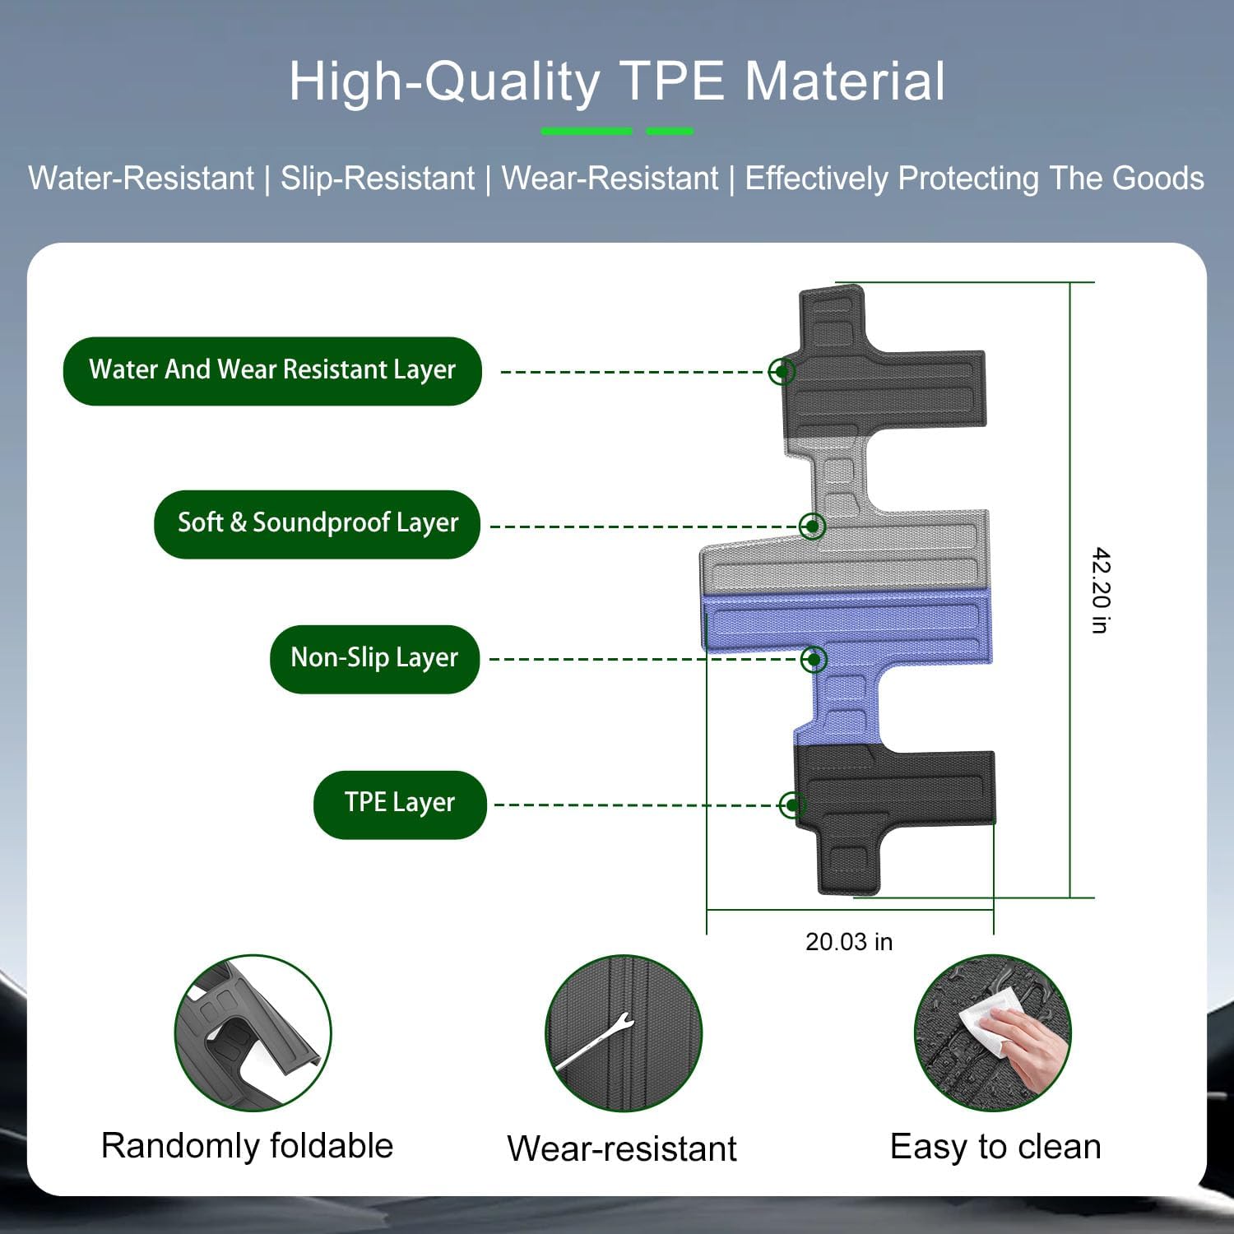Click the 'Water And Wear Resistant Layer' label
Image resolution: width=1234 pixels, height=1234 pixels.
click(x=271, y=370)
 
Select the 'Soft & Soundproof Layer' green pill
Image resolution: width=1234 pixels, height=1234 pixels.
click(x=317, y=524)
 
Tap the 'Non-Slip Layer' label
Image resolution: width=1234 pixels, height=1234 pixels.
click(x=374, y=659)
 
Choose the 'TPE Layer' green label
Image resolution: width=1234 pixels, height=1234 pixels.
click(x=400, y=804)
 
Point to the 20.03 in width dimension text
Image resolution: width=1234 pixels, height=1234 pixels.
click(x=848, y=941)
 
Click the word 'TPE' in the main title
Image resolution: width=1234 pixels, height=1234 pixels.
click(x=672, y=81)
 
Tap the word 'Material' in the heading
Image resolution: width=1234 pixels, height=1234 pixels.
click(x=845, y=81)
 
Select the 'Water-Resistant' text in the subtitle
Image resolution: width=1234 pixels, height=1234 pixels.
click(x=141, y=179)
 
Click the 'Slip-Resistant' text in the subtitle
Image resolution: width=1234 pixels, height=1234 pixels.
click(x=378, y=179)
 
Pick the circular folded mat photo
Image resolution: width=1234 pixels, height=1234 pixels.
click(x=253, y=1033)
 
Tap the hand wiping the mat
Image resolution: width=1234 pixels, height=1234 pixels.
click(x=1028, y=1045)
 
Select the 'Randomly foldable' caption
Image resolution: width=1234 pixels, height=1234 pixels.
click(x=247, y=1145)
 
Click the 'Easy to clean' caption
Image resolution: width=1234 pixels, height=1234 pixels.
click(x=995, y=1146)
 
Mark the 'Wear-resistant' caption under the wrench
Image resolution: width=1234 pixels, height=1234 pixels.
click(x=622, y=1148)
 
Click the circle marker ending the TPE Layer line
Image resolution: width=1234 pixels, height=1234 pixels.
click(x=791, y=805)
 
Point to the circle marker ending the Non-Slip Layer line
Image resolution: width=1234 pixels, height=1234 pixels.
click(x=814, y=659)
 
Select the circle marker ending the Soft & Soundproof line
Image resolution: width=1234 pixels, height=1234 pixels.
click(x=812, y=526)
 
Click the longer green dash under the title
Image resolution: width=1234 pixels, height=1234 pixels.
click(x=587, y=131)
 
